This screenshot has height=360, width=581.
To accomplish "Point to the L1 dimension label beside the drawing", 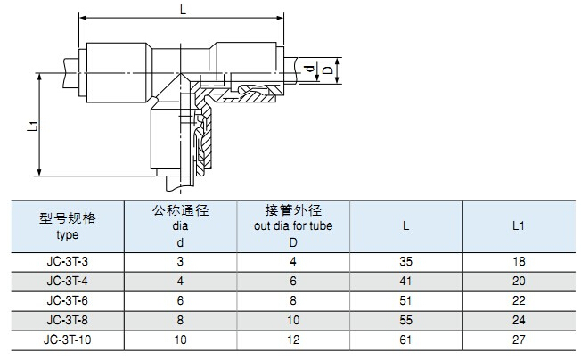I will click(33, 125).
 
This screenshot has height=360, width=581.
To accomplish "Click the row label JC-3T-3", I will click(67, 261).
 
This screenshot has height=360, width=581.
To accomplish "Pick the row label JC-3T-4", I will click(67, 281).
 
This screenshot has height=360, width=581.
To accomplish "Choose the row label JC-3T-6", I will click(67, 300).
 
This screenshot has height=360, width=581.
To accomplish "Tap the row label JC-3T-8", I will click(67, 320).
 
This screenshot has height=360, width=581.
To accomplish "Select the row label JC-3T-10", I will click(67, 340).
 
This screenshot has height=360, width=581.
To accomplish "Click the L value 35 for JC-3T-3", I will click(406, 261).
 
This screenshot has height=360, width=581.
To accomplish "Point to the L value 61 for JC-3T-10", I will click(406, 340).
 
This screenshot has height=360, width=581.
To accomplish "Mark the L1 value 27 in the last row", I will click(520, 340).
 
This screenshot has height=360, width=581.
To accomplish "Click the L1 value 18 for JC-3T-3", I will click(520, 261).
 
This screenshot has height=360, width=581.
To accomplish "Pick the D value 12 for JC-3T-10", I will click(294, 340).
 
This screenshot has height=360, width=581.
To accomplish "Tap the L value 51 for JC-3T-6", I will click(406, 300).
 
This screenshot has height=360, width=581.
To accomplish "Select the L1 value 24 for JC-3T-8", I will click(520, 320).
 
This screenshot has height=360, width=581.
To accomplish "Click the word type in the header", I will click(67, 235).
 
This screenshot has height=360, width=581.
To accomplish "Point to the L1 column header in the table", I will click(519, 226).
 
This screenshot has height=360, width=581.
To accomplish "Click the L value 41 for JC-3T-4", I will click(406, 281).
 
